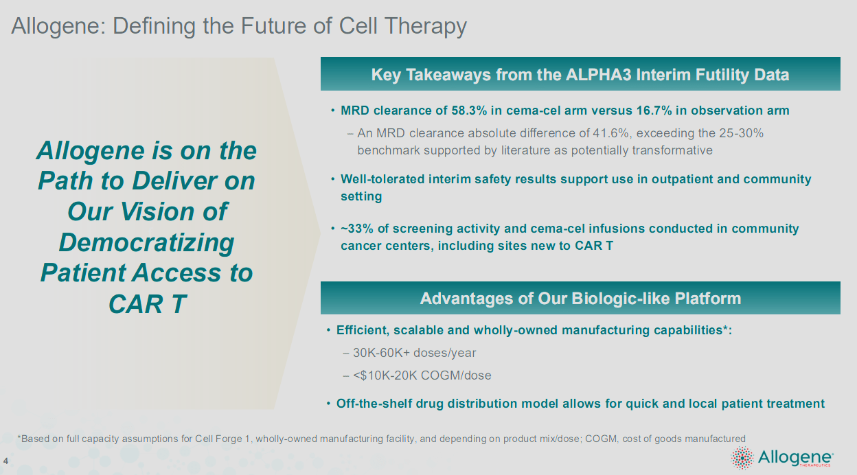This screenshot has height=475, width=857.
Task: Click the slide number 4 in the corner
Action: click(5, 460)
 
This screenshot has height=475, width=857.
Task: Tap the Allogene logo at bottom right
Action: click(782, 458)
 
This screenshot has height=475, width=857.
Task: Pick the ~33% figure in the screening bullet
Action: click(356, 229)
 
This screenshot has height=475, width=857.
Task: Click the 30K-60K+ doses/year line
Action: click(414, 353)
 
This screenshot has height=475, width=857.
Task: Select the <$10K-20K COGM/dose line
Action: click(422, 375)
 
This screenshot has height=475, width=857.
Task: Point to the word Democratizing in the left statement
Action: click(146, 242)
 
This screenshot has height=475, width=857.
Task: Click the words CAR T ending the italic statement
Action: click(146, 303)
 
